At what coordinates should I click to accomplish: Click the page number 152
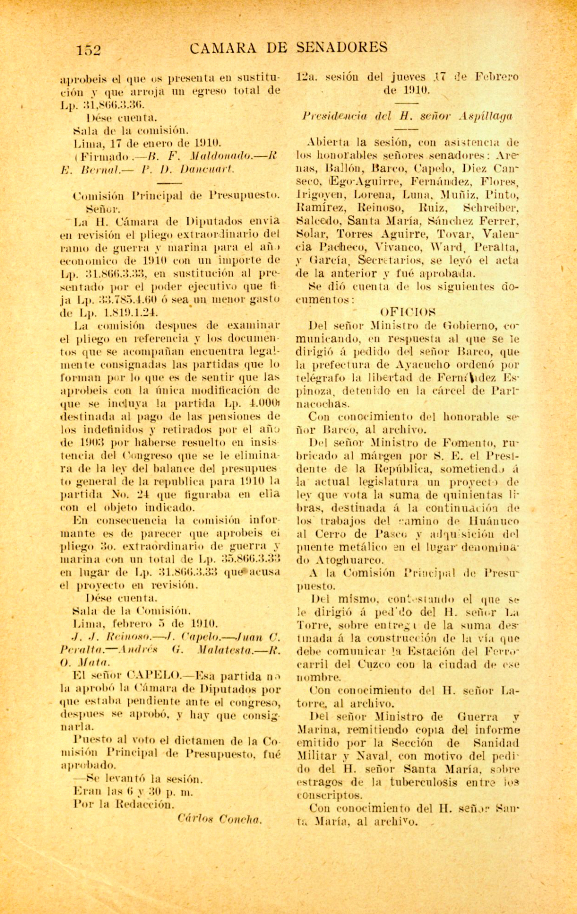(x=88, y=50)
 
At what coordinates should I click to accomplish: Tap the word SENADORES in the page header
(x=342, y=47)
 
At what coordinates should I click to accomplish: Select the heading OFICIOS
(x=407, y=312)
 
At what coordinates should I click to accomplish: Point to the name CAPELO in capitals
(x=153, y=677)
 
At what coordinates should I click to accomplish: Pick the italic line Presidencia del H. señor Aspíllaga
(x=407, y=117)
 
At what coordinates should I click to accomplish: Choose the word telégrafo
(x=319, y=377)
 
